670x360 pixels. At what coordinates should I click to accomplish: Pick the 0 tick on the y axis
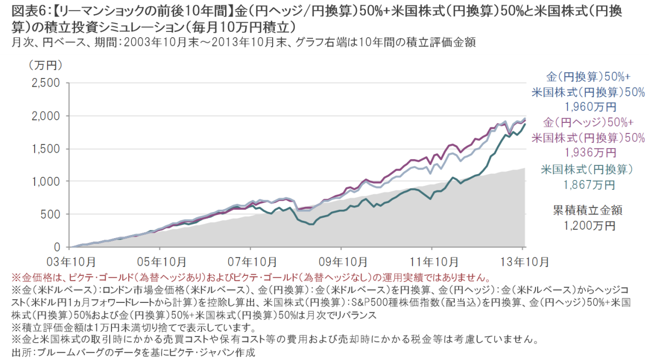pos(58,247)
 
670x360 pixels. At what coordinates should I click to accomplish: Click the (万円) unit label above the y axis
pos(45,65)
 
